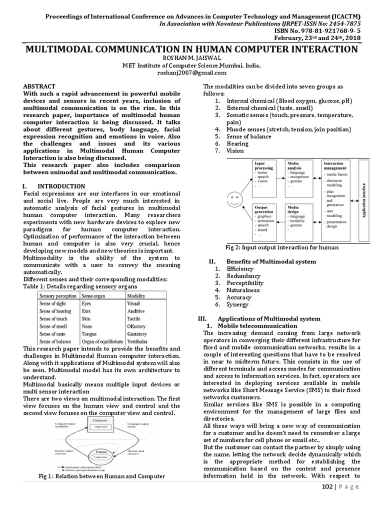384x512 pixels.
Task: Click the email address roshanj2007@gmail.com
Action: (192, 72)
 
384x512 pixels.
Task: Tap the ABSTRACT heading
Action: (39, 86)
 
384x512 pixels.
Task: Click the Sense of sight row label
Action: (52, 303)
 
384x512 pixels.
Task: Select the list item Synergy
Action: (237, 304)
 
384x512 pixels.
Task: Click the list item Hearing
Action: (236, 143)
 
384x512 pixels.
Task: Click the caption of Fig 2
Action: (282, 247)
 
